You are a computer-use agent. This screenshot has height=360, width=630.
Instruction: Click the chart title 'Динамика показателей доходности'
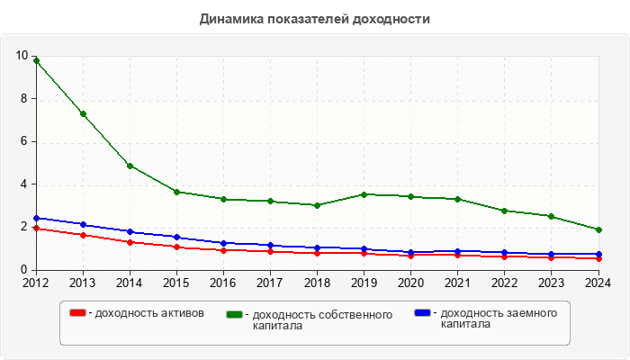[x=314, y=19]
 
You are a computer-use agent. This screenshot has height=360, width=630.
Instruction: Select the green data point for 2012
[x=36, y=60]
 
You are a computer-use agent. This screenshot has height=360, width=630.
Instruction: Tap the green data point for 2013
[x=83, y=114]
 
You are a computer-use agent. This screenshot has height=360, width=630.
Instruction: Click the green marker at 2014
[x=130, y=166]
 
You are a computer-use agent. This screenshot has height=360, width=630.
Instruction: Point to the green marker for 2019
[x=364, y=194]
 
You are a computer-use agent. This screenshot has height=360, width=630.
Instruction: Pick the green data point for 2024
[x=598, y=229]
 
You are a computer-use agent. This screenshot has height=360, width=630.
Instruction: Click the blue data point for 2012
[x=36, y=218]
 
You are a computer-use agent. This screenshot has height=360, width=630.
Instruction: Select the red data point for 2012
[x=36, y=229]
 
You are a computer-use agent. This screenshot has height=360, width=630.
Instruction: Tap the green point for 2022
[x=504, y=211]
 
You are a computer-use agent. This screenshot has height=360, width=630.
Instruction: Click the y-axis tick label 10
[x=22, y=56]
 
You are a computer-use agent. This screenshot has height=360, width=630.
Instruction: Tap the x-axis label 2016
[x=223, y=283]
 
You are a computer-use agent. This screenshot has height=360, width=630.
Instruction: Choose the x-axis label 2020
[x=410, y=283]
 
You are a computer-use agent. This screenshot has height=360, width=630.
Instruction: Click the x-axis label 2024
[x=598, y=283]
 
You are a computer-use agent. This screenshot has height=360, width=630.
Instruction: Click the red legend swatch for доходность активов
[x=77, y=313]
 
